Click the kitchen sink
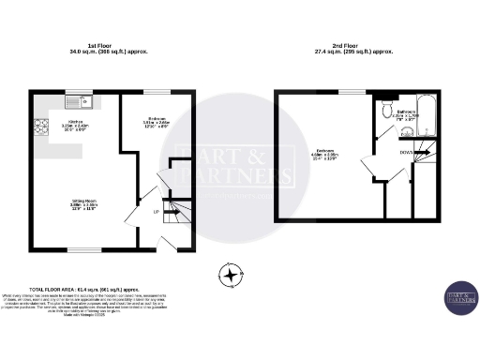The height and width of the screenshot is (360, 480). [x=75, y=100]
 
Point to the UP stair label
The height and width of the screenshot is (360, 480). [x=155, y=212]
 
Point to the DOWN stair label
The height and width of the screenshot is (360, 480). [x=407, y=151]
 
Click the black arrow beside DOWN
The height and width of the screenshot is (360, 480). [x=423, y=151]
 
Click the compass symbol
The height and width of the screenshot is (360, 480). [x=228, y=275]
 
